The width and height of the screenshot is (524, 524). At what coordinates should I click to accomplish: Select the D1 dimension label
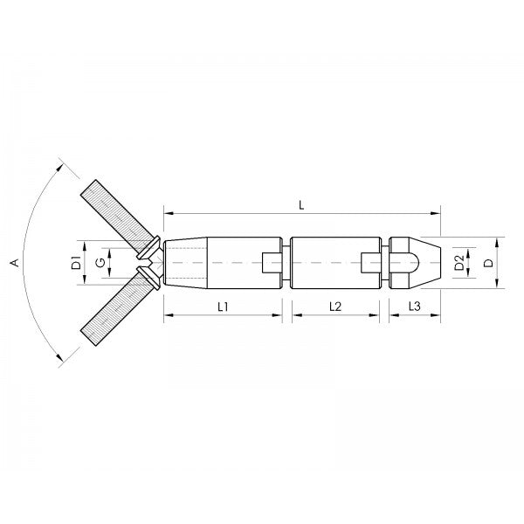[x=76, y=261]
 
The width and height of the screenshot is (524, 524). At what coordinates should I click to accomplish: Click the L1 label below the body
[x=223, y=307]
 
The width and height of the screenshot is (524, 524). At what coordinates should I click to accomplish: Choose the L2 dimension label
[x=335, y=307]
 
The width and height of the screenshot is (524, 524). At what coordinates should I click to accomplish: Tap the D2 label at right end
[x=459, y=261]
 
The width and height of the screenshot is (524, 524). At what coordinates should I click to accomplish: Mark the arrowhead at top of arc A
[x=59, y=165]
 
